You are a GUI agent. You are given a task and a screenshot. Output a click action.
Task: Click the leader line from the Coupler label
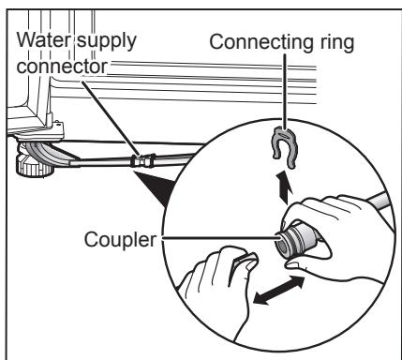click(x=216, y=239)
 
